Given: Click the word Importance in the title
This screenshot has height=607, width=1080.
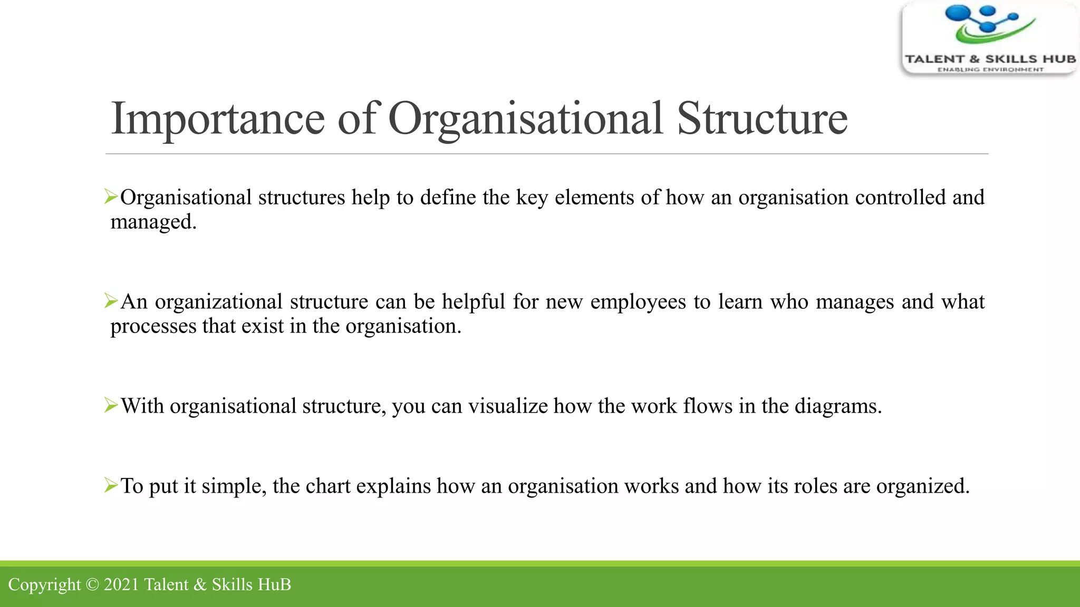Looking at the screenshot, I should [217, 119].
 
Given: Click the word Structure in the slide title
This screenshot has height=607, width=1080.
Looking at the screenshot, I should [762, 119].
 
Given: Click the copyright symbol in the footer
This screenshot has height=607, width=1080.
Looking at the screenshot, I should [92, 585].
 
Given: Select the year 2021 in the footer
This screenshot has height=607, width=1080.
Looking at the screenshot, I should [121, 585].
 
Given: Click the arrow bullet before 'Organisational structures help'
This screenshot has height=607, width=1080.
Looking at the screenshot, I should [111, 197].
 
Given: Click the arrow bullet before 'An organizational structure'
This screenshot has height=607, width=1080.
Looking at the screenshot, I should [111, 301].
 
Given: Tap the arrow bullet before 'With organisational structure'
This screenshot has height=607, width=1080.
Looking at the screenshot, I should [111, 406].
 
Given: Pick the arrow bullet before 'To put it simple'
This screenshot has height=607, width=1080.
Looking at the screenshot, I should [111, 485].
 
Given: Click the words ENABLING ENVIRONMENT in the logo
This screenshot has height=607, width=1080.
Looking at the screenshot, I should [990, 70].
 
